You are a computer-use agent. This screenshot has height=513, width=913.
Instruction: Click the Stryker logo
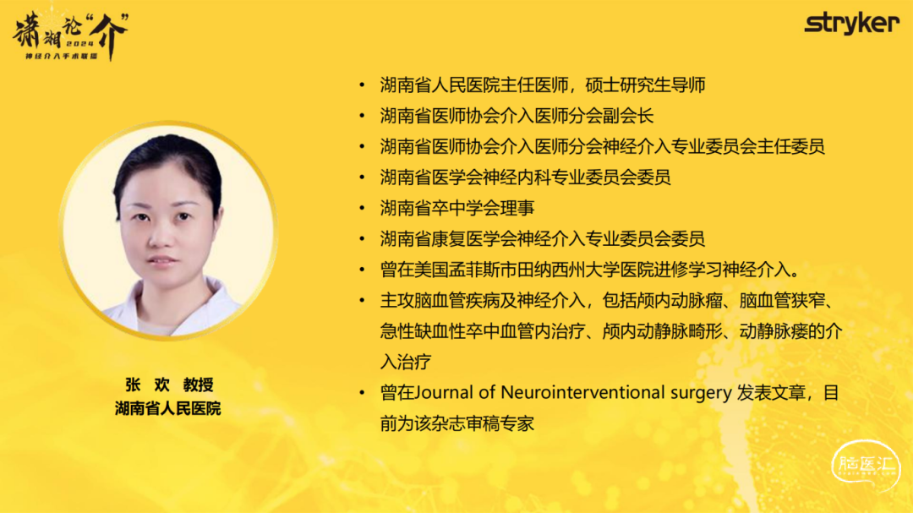pos(852,24)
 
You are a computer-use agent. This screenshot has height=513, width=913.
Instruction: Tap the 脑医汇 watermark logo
pos(866,466)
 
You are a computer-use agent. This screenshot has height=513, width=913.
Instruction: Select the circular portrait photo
pos(168,231)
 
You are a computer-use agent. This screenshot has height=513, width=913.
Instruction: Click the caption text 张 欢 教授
pos(169,385)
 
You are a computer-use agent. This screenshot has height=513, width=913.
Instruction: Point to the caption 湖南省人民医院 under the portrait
pos(167,408)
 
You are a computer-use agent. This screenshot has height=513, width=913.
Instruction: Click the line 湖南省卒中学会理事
pos(457,208)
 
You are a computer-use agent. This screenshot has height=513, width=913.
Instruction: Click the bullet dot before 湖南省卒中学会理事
pos(362,208)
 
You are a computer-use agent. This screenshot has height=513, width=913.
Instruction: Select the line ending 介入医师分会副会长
pos(517,116)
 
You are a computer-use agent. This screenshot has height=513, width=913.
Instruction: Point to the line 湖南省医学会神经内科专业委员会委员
pos(525,177)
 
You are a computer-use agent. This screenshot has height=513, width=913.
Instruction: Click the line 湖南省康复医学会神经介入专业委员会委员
pos(542,238)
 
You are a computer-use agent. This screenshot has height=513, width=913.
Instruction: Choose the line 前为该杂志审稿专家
pos(457,423)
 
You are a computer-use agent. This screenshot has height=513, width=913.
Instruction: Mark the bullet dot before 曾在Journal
pos(362,393)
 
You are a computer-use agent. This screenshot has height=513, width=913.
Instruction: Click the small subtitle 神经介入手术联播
pos(61,56)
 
